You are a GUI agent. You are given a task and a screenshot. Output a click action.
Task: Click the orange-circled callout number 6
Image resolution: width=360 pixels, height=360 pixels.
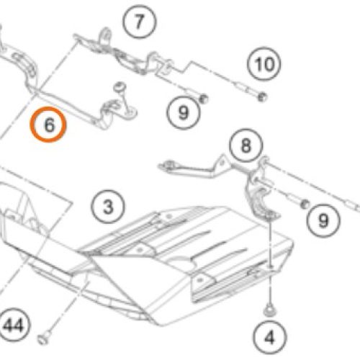click(48, 125)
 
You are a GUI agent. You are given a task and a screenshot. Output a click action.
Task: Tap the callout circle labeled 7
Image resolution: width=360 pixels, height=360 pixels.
click(139, 22)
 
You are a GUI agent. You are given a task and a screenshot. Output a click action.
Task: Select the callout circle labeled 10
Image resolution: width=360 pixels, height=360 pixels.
click(264, 64)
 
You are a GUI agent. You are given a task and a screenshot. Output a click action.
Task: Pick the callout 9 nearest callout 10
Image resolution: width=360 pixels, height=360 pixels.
click(184, 112)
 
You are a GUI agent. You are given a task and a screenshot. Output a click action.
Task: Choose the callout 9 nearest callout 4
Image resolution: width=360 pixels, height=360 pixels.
click(323, 220)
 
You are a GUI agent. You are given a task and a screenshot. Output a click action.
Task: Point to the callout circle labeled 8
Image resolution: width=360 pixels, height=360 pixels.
click(246, 145)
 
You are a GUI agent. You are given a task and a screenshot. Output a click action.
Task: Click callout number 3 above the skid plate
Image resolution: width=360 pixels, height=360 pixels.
click(108, 207)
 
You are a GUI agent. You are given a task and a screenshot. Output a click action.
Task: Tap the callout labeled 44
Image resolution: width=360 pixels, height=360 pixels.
click(14, 325)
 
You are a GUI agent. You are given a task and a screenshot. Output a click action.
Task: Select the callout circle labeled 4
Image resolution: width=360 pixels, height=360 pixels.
click(270, 337)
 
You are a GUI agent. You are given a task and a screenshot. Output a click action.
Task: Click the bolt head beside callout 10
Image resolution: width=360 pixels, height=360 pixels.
click(262, 97)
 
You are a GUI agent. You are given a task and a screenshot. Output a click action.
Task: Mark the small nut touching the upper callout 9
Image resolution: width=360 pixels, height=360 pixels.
click(204, 99)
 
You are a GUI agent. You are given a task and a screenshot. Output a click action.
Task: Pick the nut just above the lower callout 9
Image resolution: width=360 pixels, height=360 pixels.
click(305, 204)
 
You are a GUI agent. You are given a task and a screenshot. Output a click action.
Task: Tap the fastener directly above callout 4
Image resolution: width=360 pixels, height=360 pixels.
click(270, 310)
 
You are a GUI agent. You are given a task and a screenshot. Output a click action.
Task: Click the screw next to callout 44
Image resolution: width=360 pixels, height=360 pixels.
click(44, 338)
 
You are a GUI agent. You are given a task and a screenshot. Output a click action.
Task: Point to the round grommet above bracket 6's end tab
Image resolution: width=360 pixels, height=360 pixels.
click(120, 86)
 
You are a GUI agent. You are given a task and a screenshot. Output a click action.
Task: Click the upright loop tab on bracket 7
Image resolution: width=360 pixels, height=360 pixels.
click(106, 36)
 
